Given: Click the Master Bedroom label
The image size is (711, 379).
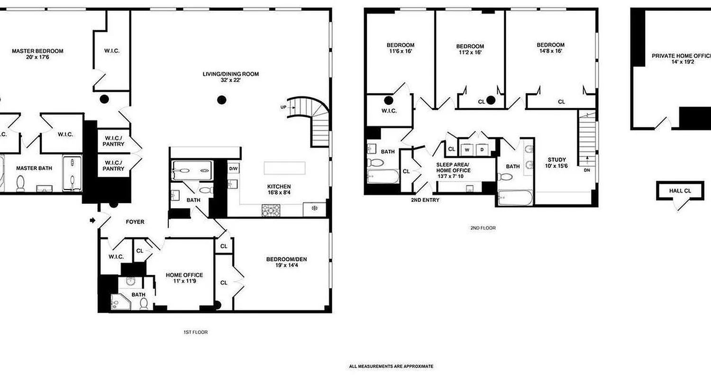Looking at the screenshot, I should coord(37,54).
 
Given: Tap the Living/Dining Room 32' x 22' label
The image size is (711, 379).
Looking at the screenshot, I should coord(231,77).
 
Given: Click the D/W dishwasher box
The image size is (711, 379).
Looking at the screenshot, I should coord(233,169).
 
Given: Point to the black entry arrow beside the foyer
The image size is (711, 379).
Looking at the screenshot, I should coord(93,220).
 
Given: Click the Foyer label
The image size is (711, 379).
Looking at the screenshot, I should coord(135,222).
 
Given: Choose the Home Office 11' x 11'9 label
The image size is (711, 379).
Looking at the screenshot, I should coord(184,278).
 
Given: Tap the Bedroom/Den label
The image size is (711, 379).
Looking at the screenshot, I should coord(286,262).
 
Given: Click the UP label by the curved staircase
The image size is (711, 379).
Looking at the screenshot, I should coord(283,107).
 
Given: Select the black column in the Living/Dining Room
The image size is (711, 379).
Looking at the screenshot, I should coord(221,100).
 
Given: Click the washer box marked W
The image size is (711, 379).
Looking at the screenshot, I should coord(467,149).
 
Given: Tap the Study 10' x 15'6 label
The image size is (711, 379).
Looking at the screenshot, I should coord(556,162).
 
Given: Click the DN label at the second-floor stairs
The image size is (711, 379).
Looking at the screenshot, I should coord(587,170).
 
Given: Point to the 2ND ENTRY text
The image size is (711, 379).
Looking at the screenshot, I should coord(425,200).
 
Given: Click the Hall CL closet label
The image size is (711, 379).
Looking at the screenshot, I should coord(680,190).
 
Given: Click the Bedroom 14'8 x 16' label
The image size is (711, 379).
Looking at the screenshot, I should coord(550,48).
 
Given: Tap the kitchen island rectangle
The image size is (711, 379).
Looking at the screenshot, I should coord(284,168).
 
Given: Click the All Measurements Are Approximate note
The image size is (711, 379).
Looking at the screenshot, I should coord(391,366).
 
